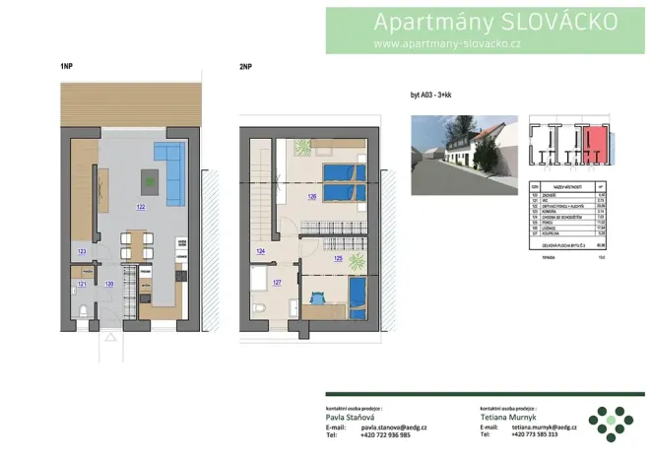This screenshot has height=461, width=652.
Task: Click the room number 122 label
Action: pyautogui.click(x=141, y=207)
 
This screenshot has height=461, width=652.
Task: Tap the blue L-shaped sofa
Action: pyautogui.click(x=168, y=167)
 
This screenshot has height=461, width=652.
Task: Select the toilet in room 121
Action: pyautogui.click(x=87, y=309)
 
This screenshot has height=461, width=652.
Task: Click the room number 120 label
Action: pyautogui.click(x=109, y=284)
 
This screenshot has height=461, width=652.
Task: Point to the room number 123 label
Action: pyautogui.click(x=81, y=252)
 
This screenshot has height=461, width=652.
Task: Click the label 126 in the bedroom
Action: pyautogui.click(x=311, y=196)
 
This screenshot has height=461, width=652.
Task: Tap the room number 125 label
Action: pyautogui.click(x=338, y=259)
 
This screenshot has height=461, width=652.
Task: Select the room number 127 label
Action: pyautogui.click(x=277, y=283)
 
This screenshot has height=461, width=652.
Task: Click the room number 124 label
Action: pyautogui.click(x=260, y=252)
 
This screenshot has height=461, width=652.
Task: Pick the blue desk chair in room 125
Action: pyautogui.click(x=319, y=296)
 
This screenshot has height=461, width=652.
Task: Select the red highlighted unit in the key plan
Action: pyautogui.click(x=594, y=144)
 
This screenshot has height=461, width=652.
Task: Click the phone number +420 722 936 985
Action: pyautogui.click(x=385, y=434)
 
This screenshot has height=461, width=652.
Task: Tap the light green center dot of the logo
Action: pyautogui.click(x=612, y=421)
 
